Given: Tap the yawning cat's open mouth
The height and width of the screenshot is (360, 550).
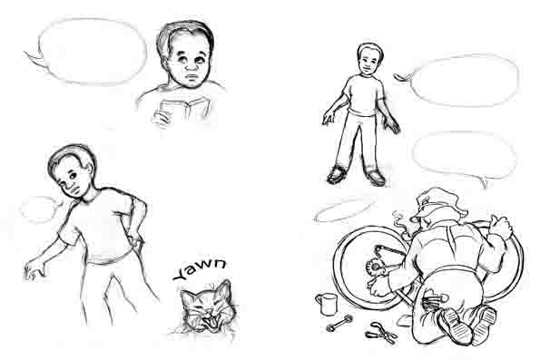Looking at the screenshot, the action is click(x=211, y=321).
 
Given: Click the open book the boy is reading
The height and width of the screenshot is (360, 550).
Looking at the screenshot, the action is click(x=183, y=108).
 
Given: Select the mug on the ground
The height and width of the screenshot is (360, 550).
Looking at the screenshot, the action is click(x=327, y=304).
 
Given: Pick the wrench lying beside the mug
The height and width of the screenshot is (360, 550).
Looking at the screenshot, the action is click(x=339, y=323).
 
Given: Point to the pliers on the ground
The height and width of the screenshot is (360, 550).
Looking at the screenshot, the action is click(x=381, y=332).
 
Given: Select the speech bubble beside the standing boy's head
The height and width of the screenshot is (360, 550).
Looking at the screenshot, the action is click(x=459, y=81).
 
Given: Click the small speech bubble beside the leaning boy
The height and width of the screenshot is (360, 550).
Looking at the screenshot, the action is click(x=40, y=209).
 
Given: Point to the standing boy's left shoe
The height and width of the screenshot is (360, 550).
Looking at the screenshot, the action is click(x=376, y=178).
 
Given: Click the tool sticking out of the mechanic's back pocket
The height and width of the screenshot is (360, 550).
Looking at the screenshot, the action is click(x=434, y=298).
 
